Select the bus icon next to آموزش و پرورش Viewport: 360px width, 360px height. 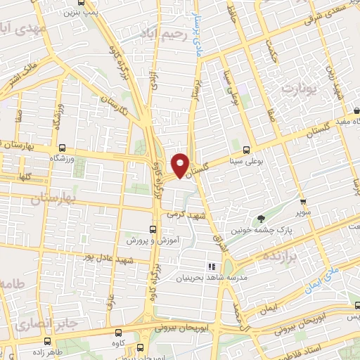(153, 229)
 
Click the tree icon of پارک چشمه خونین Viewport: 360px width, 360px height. (262, 219)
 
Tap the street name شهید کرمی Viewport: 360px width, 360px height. (184, 214)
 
